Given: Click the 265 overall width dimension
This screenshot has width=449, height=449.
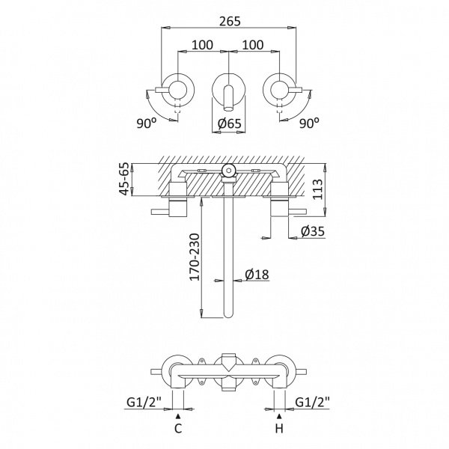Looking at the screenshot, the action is click(x=230, y=22).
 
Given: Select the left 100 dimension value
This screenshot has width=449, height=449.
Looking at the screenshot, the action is click(x=202, y=45).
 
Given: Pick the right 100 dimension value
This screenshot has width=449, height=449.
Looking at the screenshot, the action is click(x=253, y=45).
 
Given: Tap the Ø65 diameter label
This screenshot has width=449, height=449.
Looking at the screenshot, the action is click(x=230, y=123).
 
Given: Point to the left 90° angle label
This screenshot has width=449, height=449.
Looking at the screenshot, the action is click(x=147, y=123).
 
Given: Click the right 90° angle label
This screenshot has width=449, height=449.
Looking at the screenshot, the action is click(x=309, y=123).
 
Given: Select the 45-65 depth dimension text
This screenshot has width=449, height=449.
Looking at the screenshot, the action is click(x=125, y=180).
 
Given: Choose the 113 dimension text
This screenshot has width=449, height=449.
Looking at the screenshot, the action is click(x=317, y=189).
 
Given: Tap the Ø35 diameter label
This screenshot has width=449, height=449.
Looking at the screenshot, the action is click(x=313, y=231).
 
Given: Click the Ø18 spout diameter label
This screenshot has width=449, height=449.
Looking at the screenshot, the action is click(x=257, y=275).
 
